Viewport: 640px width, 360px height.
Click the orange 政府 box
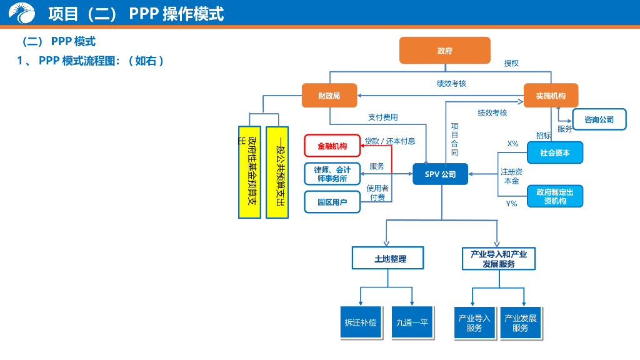point(444,51)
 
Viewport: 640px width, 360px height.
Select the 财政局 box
point(329,96)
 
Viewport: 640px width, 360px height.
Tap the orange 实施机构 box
point(551,96)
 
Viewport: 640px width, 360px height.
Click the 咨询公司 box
point(599,119)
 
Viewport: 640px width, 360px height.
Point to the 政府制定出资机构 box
point(554,196)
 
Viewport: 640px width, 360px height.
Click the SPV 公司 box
point(440,174)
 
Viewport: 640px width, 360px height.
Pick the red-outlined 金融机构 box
point(332,146)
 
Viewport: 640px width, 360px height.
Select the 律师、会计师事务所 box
point(332,174)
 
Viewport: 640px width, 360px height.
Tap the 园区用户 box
point(332,202)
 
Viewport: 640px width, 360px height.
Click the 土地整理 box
point(388,258)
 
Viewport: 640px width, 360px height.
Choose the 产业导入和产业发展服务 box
point(498,259)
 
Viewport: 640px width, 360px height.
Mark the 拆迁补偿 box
point(361,322)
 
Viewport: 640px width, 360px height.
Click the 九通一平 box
point(412,322)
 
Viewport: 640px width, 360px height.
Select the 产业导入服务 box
point(474,322)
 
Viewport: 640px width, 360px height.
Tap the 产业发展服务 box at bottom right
point(520,322)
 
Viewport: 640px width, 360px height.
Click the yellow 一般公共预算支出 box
point(277,172)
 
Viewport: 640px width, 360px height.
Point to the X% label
point(512,144)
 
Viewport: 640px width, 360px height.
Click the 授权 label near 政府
point(511,63)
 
